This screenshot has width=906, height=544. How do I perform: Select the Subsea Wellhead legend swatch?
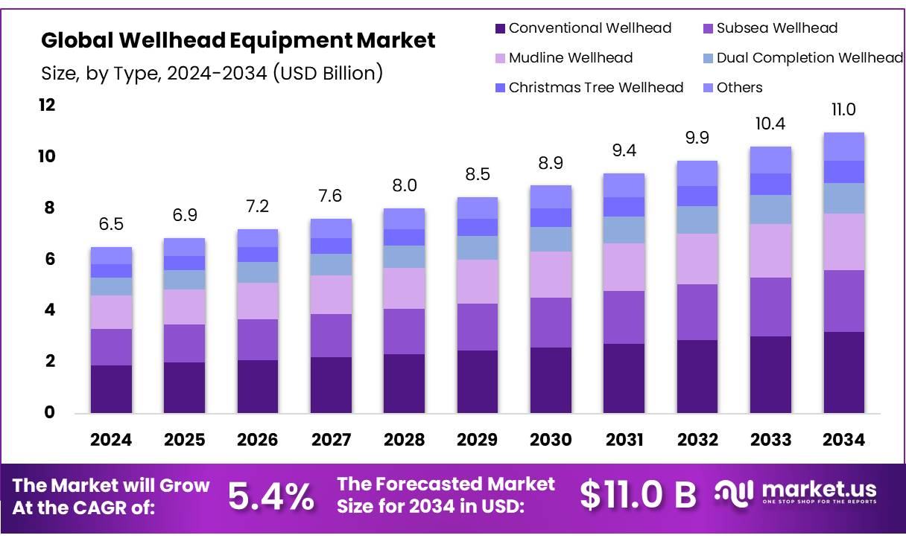point(709,29)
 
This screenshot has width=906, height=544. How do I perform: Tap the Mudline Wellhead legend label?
point(570,58)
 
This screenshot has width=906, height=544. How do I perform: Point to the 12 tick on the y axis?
point(47,106)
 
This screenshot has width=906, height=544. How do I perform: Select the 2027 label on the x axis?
point(331,440)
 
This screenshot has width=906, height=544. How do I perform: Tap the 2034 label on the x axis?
point(843,440)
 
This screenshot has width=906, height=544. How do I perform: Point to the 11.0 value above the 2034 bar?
point(843,110)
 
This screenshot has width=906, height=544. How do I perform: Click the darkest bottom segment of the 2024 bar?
point(111,388)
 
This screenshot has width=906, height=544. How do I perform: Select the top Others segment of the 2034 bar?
point(843,147)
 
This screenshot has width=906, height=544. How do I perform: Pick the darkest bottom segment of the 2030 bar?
point(551,380)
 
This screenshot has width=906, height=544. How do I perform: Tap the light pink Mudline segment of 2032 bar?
point(697,259)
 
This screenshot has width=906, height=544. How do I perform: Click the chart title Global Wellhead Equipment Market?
point(238,40)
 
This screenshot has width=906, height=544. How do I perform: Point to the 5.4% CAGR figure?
point(270,496)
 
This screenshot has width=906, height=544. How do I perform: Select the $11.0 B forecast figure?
point(638,496)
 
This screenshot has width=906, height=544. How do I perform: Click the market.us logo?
point(796,493)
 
